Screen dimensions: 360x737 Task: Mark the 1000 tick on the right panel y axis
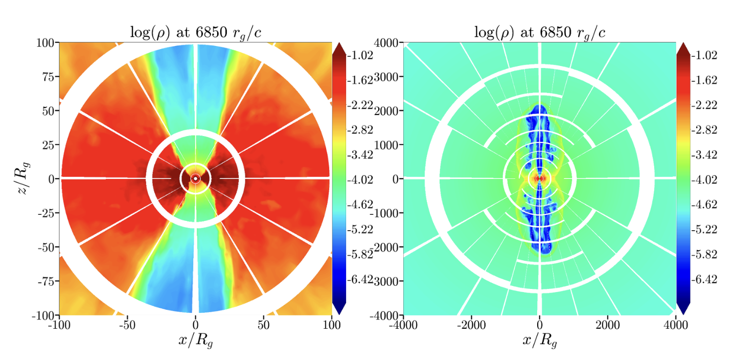tap(388, 145)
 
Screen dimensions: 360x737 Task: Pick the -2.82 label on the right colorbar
tap(705, 130)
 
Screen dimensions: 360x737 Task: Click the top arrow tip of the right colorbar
tap(683, 44)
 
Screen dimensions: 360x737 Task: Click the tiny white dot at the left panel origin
tap(195, 178)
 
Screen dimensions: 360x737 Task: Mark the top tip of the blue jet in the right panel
tap(539, 105)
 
